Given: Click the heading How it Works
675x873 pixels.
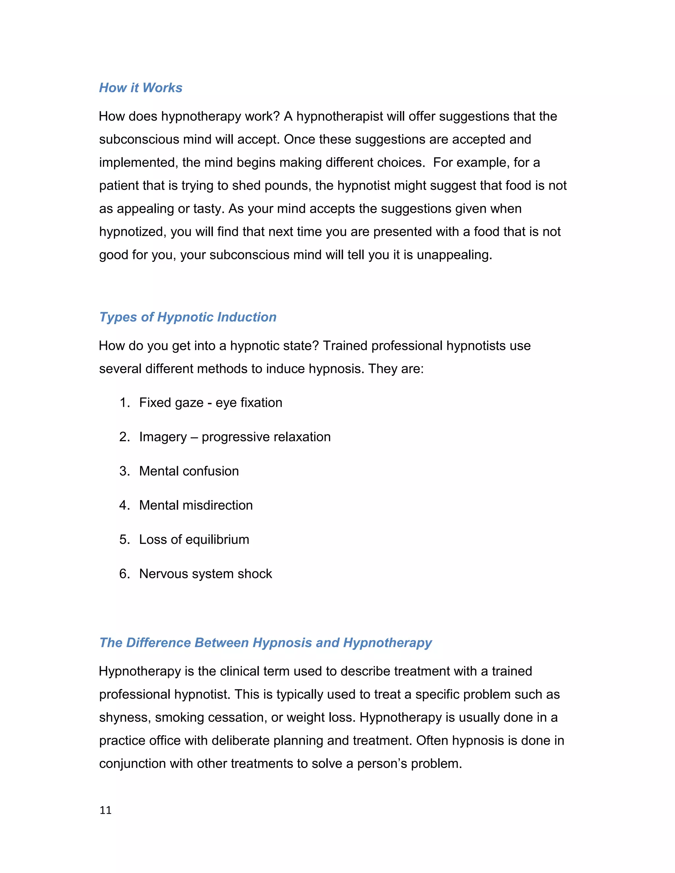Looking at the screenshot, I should coord(140,88).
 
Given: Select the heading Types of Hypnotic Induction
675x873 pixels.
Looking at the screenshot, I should coord(188,317).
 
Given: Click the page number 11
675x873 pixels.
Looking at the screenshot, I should coord(105,810).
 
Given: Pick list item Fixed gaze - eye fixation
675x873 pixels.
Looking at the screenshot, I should coord(210,403).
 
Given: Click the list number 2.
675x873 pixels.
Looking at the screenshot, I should coord(124,437).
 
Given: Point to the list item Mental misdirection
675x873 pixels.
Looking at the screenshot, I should coord(195,505).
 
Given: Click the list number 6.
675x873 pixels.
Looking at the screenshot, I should coord(124,574).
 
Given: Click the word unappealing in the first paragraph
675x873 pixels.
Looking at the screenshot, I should coord(454,255).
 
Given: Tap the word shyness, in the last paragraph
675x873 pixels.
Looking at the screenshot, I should coord(125,718).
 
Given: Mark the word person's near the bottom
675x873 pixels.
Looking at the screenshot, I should coord(382,764).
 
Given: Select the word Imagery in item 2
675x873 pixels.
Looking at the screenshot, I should coord(163,437).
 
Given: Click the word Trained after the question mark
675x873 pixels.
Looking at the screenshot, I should coord(345,346).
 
